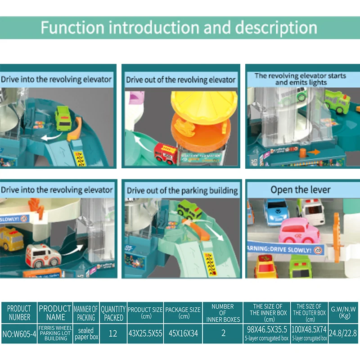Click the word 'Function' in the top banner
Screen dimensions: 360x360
click(72, 27)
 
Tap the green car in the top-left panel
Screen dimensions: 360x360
click(64, 118)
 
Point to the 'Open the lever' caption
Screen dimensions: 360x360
click(300, 189)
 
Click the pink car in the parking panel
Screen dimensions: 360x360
click(299, 230)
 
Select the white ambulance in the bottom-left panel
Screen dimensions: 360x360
click(44, 256)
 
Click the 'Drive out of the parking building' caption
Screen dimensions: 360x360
click(182, 190)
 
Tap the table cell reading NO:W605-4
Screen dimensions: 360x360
click(19, 333)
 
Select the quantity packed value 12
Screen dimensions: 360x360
click(112, 333)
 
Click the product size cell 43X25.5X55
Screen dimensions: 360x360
click(145, 333)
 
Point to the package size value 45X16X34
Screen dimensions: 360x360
click(183, 333)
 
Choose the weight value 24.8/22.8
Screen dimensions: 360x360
click(344, 333)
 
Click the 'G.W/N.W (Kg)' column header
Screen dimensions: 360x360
click(344, 312)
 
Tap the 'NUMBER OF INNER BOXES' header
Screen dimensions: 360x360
click(223, 312)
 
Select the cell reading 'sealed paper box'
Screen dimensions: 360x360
click(85, 333)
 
